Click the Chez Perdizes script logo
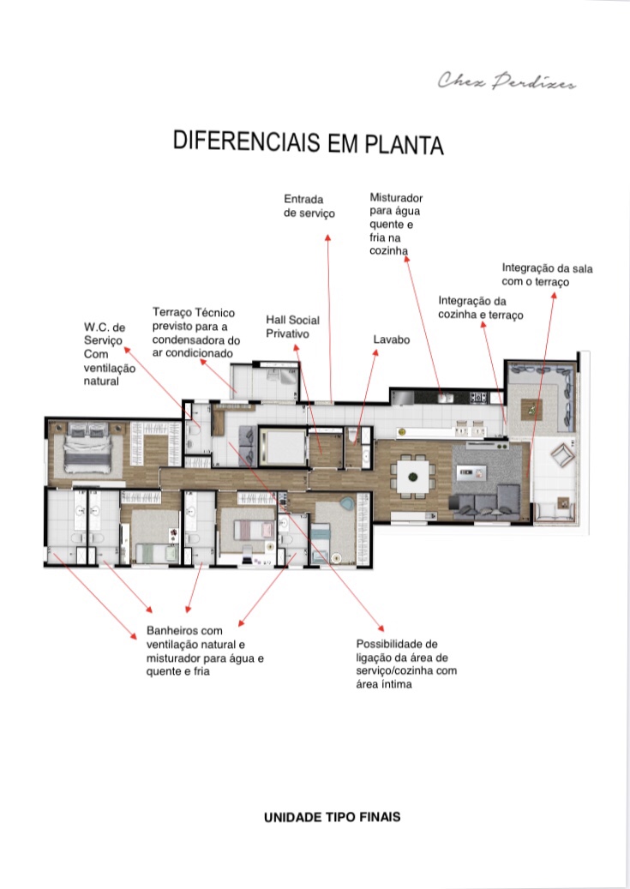(x=507, y=81)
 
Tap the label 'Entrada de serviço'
(x=309, y=207)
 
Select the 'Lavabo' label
(x=391, y=339)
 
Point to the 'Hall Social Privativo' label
(x=292, y=327)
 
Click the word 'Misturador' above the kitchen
(x=396, y=198)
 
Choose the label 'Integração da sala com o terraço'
(x=547, y=275)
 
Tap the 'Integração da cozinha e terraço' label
(x=480, y=308)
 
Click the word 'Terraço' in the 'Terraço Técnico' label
(x=171, y=312)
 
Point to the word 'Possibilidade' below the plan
(x=396, y=644)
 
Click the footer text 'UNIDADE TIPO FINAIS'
(x=333, y=817)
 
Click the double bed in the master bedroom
(x=87, y=447)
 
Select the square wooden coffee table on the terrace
(x=532, y=408)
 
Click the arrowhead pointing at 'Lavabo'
(x=375, y=352)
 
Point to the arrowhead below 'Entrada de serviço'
(x=327, y=237)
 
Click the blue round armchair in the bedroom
(x=346, y=503)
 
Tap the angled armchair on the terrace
(x=562, y=455)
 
